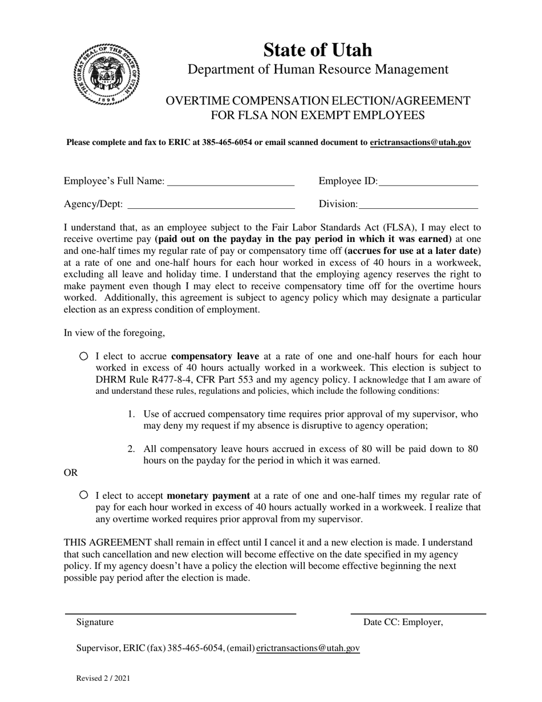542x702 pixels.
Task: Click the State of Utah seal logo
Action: pos(106,74)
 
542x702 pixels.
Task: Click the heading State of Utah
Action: pos(317,50)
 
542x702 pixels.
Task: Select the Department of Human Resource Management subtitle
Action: pos(318,70)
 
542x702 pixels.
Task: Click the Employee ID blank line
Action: pos(428,183)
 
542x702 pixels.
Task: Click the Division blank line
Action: pos(418,205)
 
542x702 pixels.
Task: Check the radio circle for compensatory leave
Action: pos(84,356)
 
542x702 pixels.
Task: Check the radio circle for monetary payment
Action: pos(84,495)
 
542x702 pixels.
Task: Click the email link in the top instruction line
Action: pos(420,143)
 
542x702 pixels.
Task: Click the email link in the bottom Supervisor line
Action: pos(308,648)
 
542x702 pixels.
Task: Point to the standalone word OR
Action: pos(71,473)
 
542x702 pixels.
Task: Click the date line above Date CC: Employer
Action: pos(418,614)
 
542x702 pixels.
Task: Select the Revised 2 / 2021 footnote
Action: pos(103,679)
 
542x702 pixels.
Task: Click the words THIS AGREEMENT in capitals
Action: pos(108,543)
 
